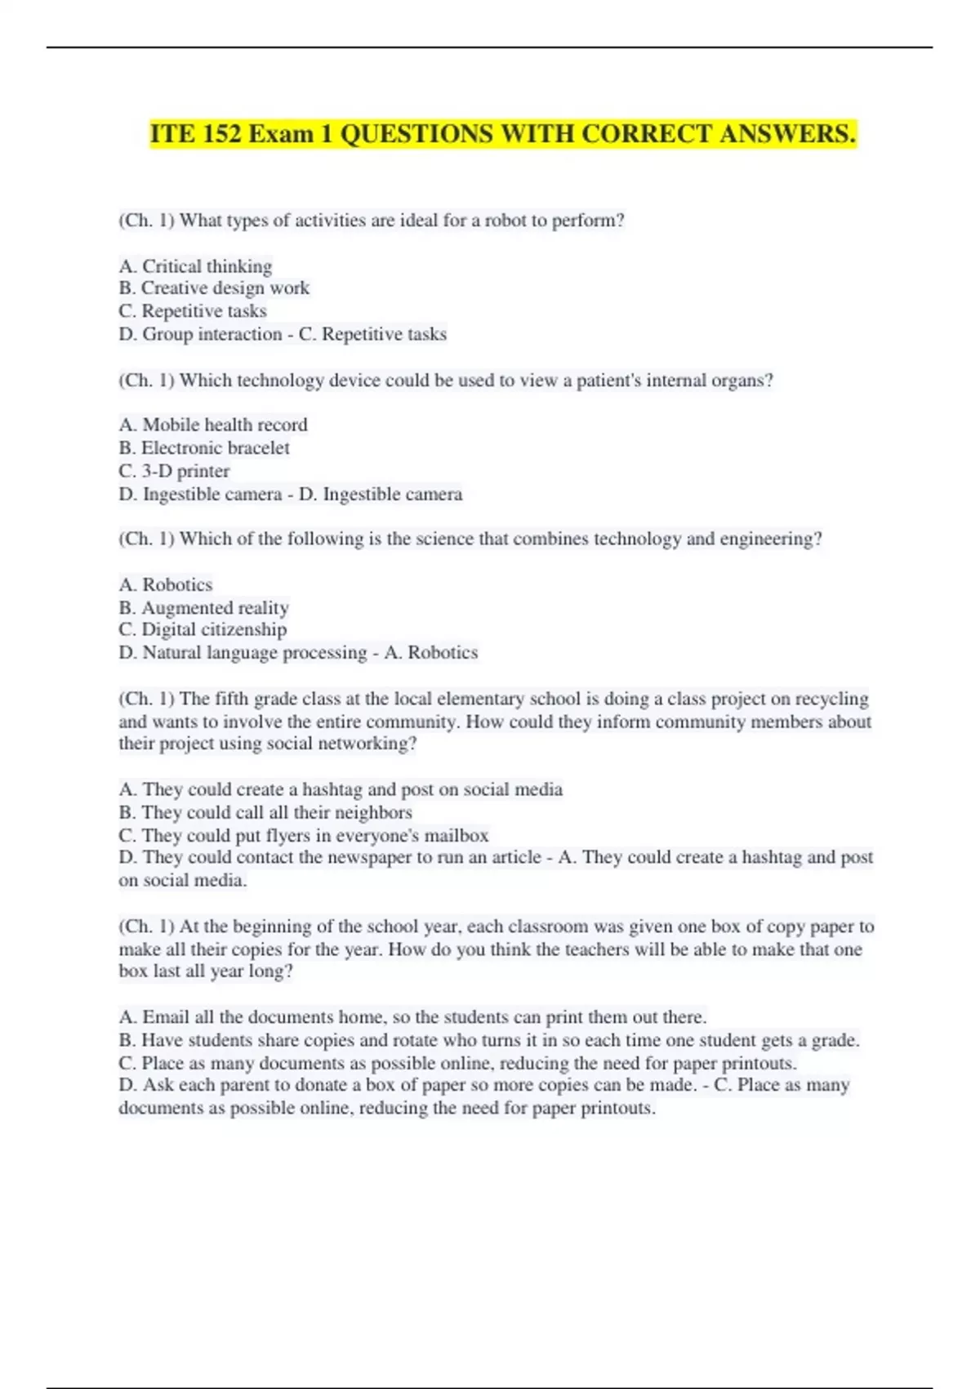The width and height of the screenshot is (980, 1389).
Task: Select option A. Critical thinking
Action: point(195,266)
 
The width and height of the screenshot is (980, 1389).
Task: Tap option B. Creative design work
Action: point(214,288)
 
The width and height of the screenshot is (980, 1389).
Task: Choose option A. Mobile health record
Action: point(213,425)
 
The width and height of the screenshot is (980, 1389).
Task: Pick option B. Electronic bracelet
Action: point(204,448)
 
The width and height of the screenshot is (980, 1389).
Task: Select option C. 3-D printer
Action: point(174,471)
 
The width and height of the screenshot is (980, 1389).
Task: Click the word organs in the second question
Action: point(739,381)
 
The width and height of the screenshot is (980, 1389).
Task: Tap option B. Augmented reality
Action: point(203,608)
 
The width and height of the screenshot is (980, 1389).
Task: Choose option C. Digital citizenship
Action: point(203,630)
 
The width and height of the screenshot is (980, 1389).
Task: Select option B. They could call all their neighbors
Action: point(265,813)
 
